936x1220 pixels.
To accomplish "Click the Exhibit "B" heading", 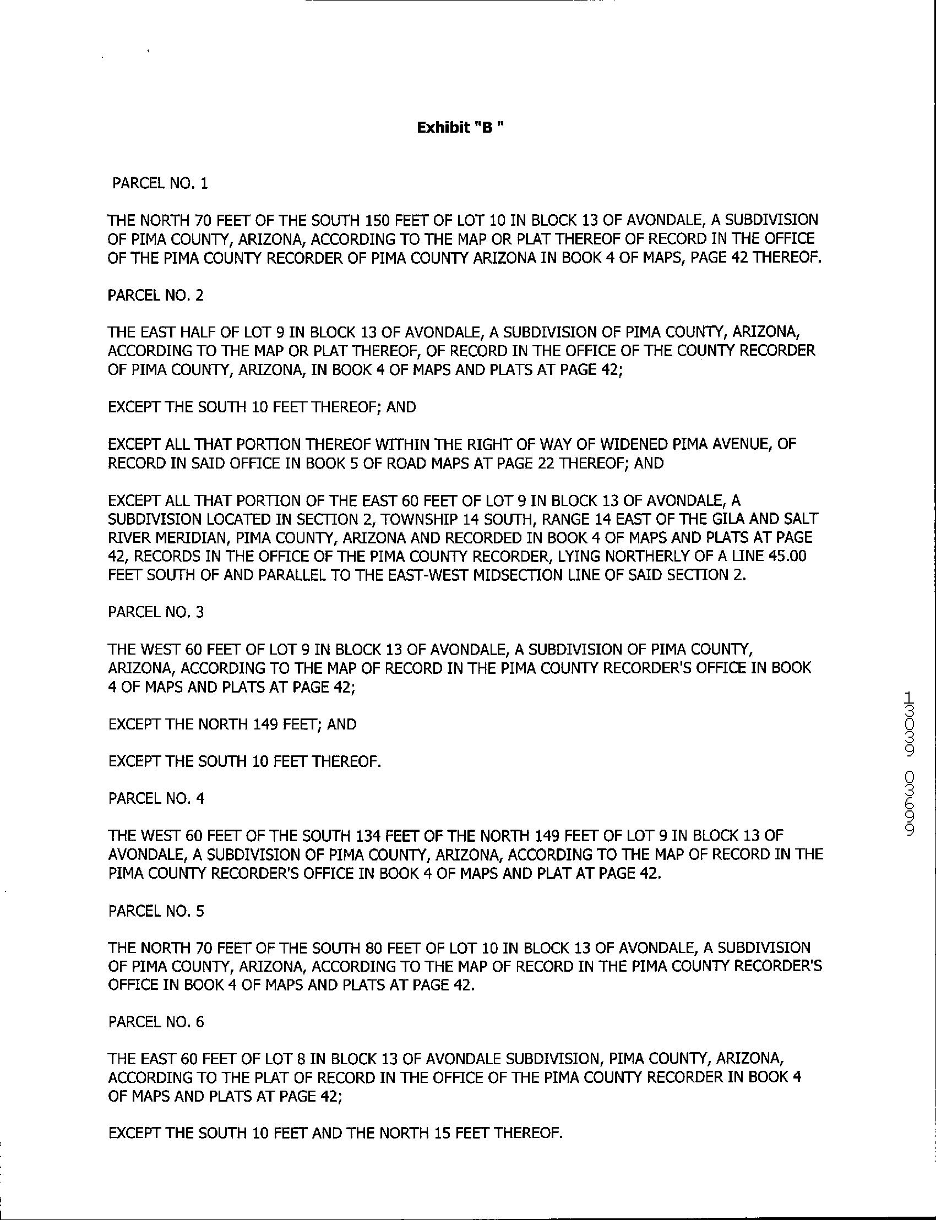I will pos(462,128).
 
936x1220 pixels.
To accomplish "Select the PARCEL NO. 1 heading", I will pos(160,184).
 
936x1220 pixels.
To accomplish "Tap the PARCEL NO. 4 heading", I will pos(156,799).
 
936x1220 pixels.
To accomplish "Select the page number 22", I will pos(543,464).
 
